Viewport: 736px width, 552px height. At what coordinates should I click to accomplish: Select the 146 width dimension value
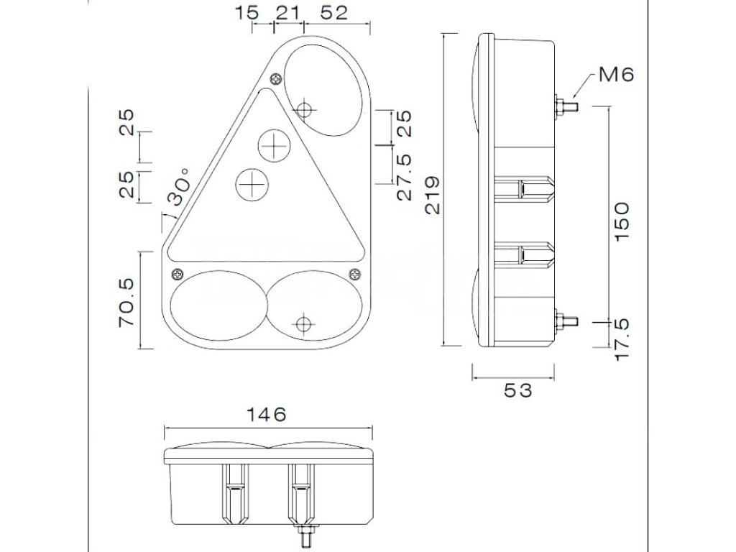(266, 414)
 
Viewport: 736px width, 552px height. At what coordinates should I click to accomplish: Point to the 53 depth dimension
(517, 390)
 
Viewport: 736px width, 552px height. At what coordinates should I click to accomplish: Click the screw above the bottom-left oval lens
(177, 273)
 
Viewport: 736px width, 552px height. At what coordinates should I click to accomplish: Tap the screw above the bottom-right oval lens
(354, 273)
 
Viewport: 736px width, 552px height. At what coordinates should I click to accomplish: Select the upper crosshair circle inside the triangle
(274, 146)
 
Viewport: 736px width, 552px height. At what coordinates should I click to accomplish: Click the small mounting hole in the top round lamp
(305, 110)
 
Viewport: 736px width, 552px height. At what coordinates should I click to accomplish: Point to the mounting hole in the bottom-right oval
(305, 322)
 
